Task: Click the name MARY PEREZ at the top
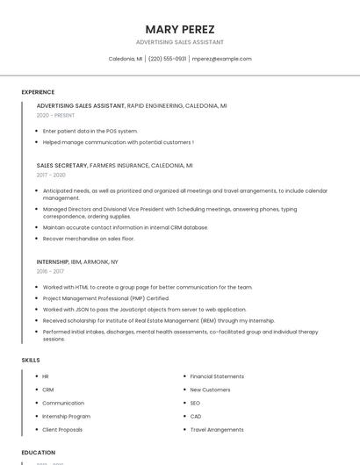[x=180, y=29]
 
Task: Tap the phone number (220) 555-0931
[x=167, y=59]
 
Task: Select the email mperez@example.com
[x=221, y=59]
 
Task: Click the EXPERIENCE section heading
[x=38, y=92]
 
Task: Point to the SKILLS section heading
[x=31, y=360]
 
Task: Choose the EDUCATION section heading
[x=38, y=453]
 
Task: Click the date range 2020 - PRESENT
[x=55, y=115]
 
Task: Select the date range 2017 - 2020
[x=51, y=175]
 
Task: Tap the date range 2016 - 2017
[x=50, y=271]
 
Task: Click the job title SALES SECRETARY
[x=61, y=165]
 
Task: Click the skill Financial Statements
[x=217, y=376]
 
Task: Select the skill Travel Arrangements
[x=217, y=430]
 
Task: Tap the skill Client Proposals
[x=62, y=430]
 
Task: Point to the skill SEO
[x=195, y=403]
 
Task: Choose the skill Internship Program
[x=66, y=416]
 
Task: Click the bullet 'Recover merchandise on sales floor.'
[x=89, y=239]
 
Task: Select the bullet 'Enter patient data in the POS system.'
[x=90, y=131]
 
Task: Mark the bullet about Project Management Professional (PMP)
[x=106, y=298]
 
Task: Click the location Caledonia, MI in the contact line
[x=125, y=59]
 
